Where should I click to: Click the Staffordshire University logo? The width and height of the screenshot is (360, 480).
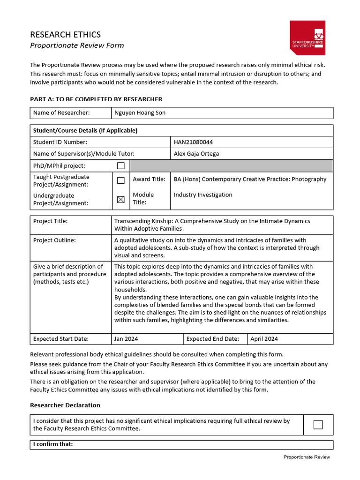[x=307, y=37]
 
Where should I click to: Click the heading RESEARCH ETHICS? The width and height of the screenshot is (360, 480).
[x=65, y=35]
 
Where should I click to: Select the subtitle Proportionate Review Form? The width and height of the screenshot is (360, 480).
[x=77, y=45]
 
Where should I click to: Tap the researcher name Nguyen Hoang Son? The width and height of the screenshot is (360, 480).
[x=140, y=113]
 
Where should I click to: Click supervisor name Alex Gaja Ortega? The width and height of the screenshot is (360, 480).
[x=196, y=154]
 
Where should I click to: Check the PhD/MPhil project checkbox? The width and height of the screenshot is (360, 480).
[x=120, y=166]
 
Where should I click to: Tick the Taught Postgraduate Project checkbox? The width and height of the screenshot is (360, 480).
[x=120, y=180]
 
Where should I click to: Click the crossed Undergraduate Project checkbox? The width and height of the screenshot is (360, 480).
[x=120, y=199]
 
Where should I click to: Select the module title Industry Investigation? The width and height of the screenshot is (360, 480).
[x=202, y=195]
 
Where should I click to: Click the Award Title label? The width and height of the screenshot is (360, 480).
[x=149, y=179]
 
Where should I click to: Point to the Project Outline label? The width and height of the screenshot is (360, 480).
[x=54, y=240]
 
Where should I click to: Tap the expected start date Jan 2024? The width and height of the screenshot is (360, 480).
[x=126, y=339]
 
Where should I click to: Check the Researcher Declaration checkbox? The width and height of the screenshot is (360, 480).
[x=318, y=425]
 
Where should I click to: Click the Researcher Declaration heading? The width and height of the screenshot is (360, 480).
[x=65, y=405]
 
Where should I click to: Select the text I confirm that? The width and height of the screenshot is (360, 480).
[x=53, y=444]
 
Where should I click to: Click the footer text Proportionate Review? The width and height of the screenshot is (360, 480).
[x=307, y=457]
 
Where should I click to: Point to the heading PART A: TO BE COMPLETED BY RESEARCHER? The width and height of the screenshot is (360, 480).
[x=96, y=99]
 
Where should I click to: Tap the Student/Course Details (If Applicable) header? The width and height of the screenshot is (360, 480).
[x=85, y=130]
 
